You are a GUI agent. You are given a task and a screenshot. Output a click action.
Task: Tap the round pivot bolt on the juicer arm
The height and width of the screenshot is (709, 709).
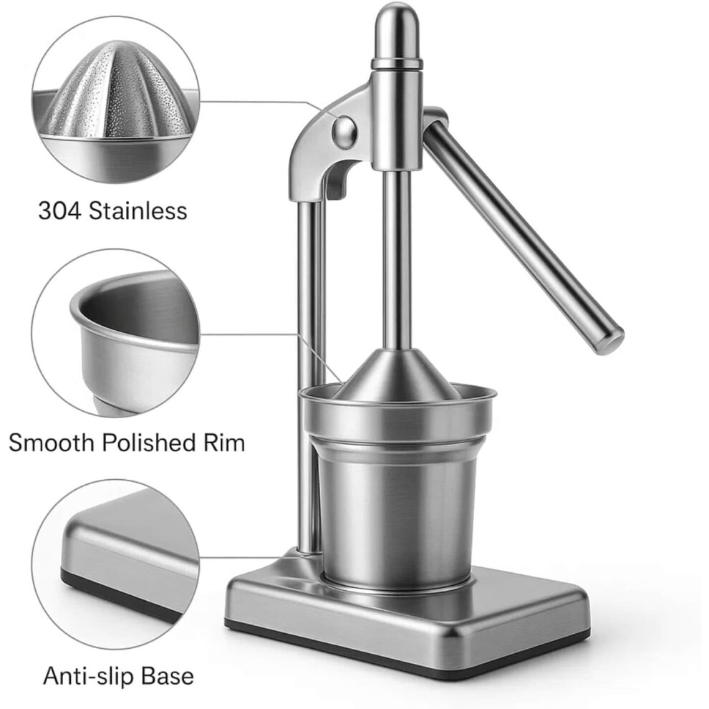click(x=344, y=132)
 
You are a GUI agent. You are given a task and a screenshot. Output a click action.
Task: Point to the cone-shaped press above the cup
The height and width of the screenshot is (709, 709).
click(x=398, y=375)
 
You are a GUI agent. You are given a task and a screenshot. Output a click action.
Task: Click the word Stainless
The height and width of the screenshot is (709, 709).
click(x=138, y=211)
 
